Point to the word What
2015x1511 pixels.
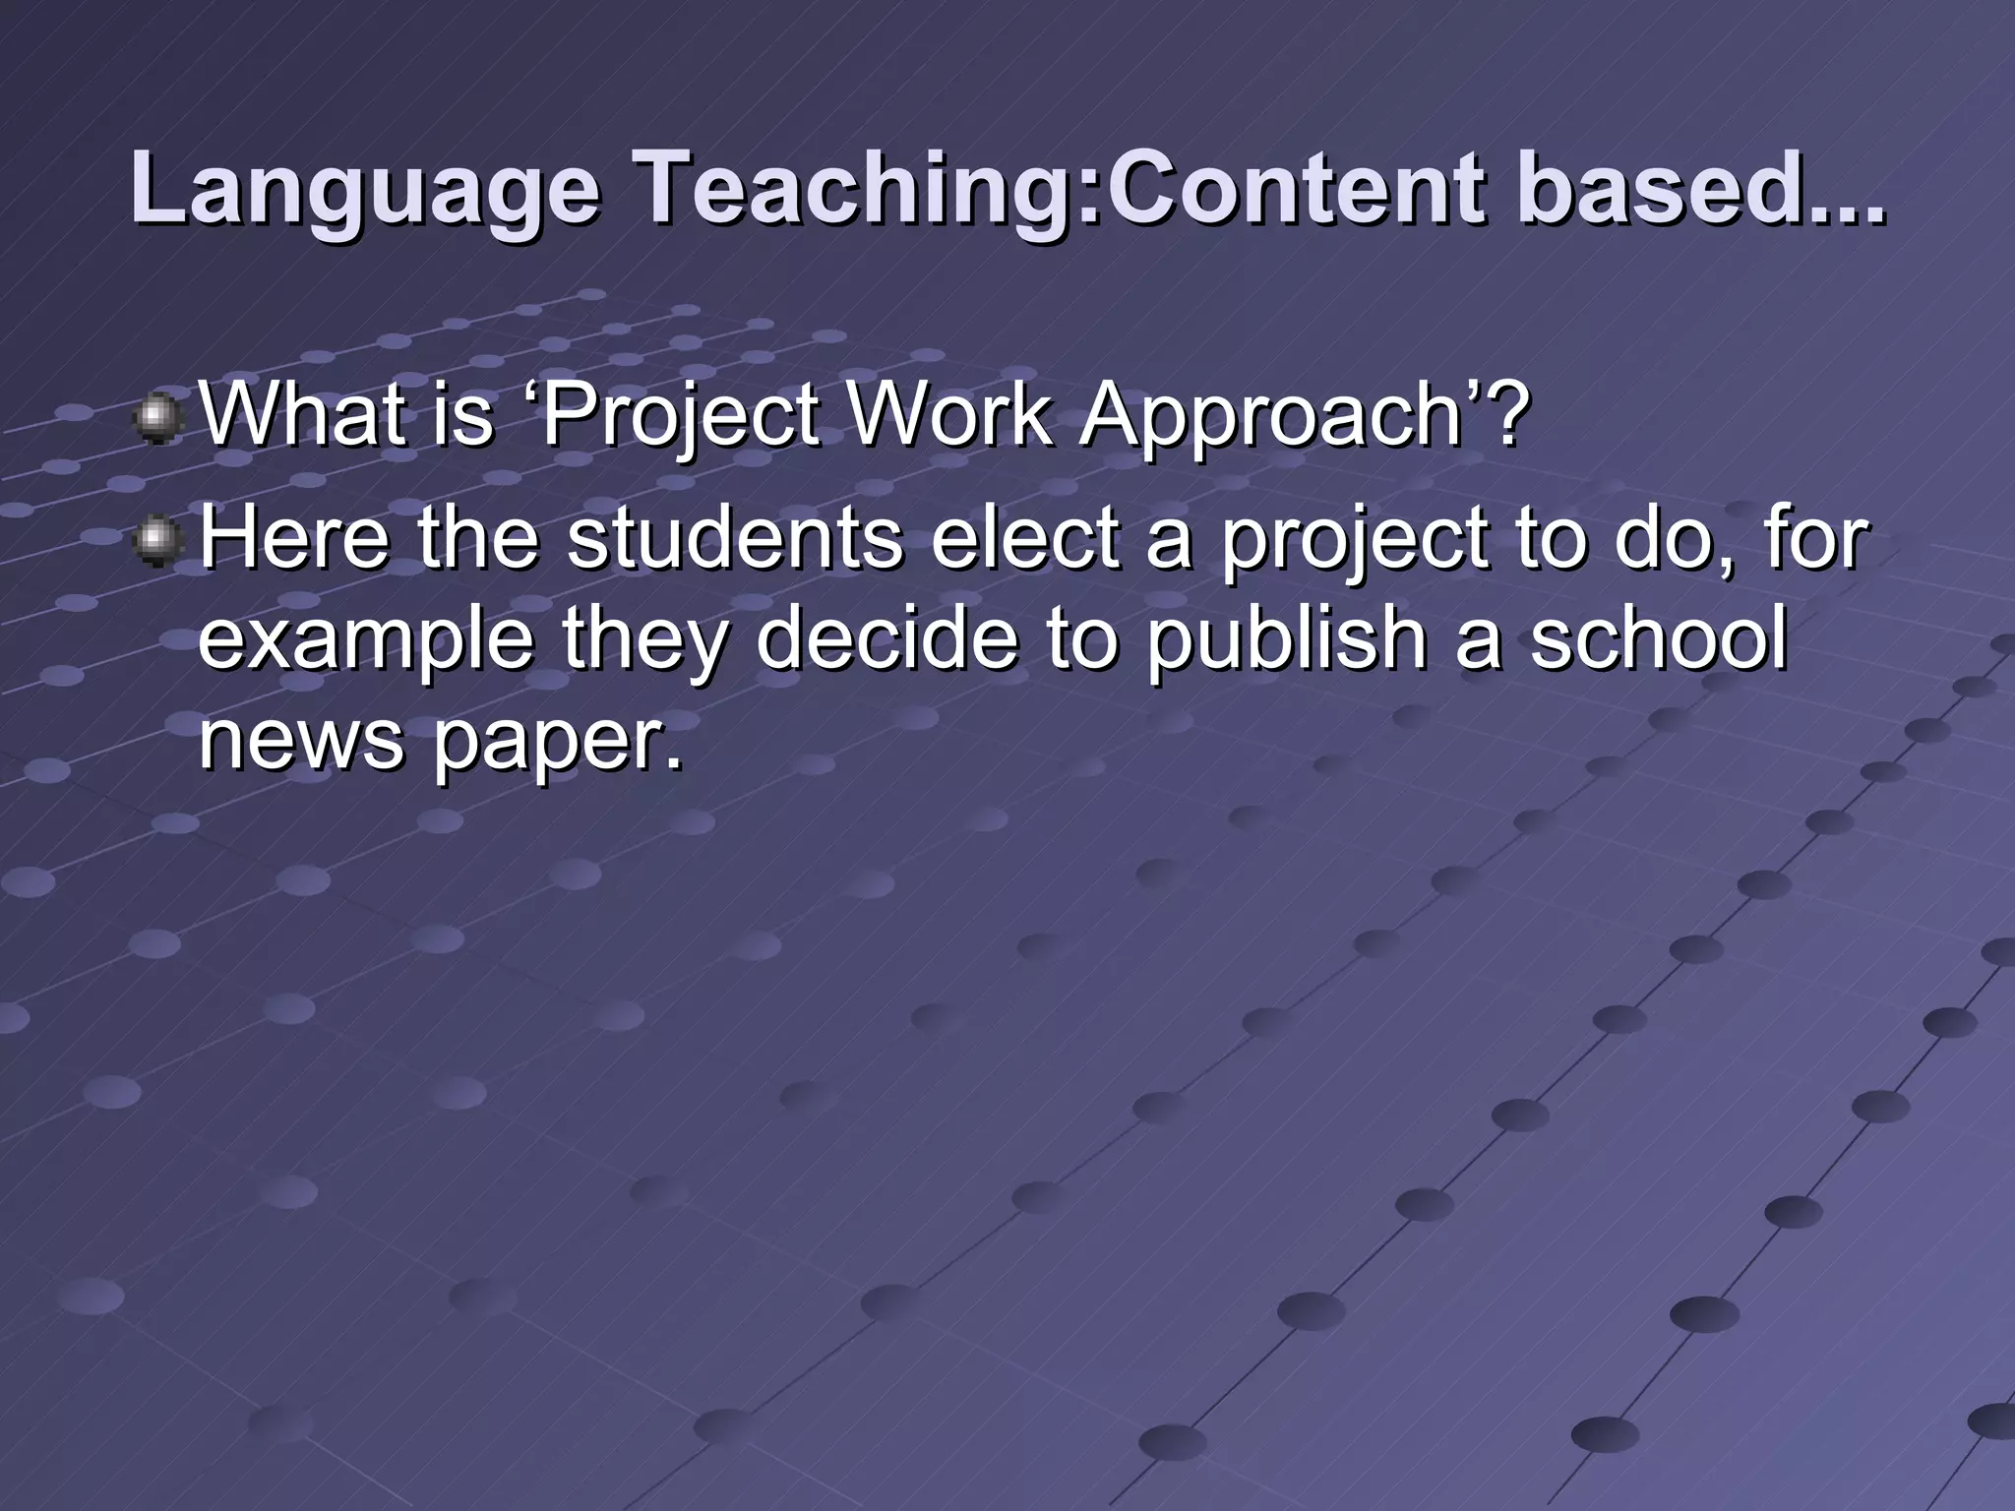tap(295, 413)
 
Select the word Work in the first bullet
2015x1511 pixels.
tap(948, 413)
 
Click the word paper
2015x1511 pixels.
tap(557, 743)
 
